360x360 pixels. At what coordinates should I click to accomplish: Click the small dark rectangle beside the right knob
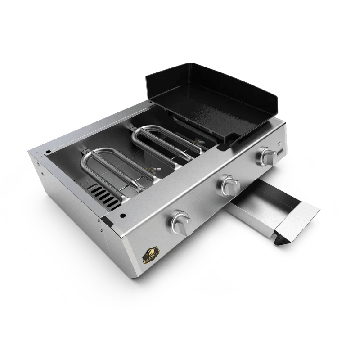tap(279, 153)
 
